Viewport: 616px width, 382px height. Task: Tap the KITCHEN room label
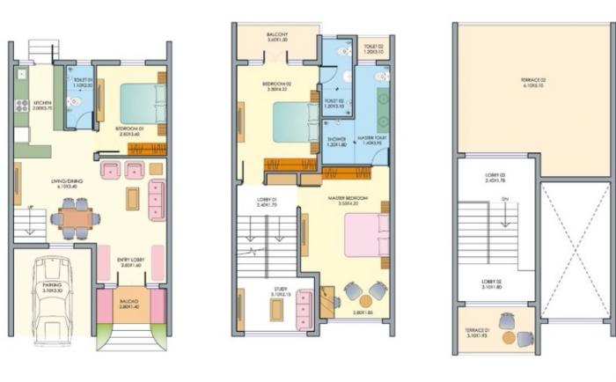tap(43, 103)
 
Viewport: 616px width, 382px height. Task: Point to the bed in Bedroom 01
tap(139, 102)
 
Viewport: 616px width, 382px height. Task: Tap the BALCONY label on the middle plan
tap(277, 35)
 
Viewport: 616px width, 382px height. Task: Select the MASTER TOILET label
tap(372, 139)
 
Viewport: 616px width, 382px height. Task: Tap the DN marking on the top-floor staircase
tap(502, 199)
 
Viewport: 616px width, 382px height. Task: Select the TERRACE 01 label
tap(476, 333)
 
